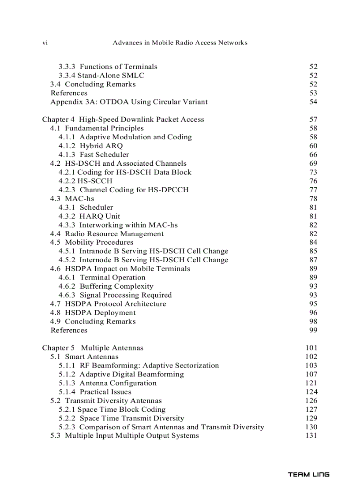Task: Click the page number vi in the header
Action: pos(45,43)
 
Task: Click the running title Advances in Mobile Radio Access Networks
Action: pos(180,43)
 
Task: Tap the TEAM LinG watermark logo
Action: pos(308,475)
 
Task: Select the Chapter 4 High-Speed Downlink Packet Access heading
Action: pos(123,119)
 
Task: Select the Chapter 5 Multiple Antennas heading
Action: pos(93,348)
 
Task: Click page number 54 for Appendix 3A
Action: pos(313,102)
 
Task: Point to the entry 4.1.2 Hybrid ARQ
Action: pos(90,146)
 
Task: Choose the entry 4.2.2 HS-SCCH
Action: pos(85,181)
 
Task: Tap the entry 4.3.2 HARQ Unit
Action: pos(89,216)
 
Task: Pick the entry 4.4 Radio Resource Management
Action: pos(107,234)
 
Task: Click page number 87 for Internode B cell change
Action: pos(313,260)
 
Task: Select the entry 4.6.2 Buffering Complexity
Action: pos(106,287)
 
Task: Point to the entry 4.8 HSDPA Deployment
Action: pos(93,313)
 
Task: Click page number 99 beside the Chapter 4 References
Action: pos(313,331)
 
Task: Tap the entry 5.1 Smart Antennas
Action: pos(84,357)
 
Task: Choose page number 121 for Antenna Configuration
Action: pos(311,383)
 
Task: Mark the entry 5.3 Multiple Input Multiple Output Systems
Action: pos(124,436)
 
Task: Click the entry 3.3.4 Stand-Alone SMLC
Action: pos(101,75)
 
